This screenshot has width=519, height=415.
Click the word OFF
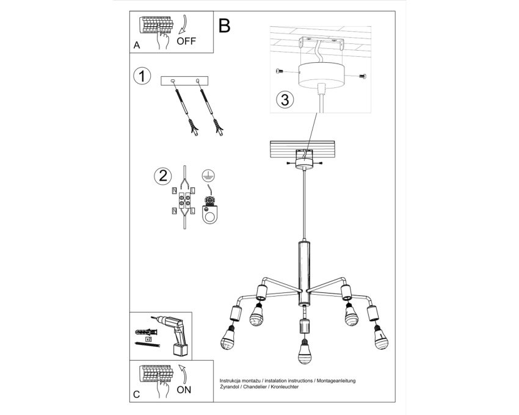(186, 41)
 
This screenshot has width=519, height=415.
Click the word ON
(184, 389)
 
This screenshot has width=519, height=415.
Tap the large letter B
(225, 26)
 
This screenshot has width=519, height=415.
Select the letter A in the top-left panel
(137, 45)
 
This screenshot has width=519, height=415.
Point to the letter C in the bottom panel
(136, 394)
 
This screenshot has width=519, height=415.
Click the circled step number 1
(142, 76)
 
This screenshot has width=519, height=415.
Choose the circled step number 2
(163, 176)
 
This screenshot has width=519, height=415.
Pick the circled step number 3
(285, 99)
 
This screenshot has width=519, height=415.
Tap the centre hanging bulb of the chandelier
(304, 353)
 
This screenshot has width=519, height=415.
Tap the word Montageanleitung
(336, 381)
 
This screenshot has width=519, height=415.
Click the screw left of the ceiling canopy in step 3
(279, 71)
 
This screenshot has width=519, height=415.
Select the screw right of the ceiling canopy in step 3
(363, 76)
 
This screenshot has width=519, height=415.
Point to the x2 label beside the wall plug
(148, 339)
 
